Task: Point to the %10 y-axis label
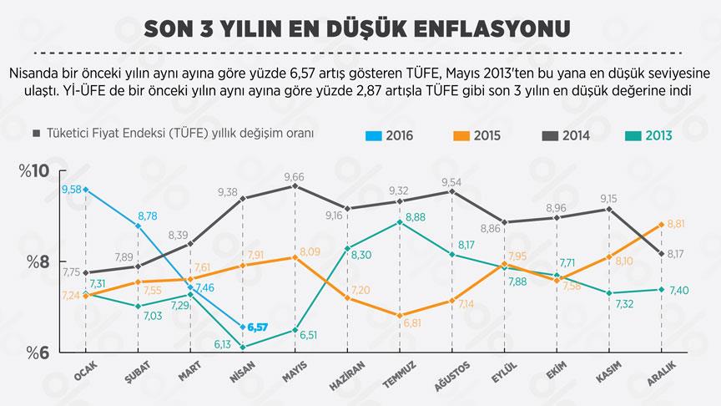tap(34, 172)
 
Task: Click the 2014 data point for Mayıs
tap(295, 185)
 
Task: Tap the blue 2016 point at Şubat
tap(138, 226)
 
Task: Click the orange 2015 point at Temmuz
tap(401, 315)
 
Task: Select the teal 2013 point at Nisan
tap(242, 347)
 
